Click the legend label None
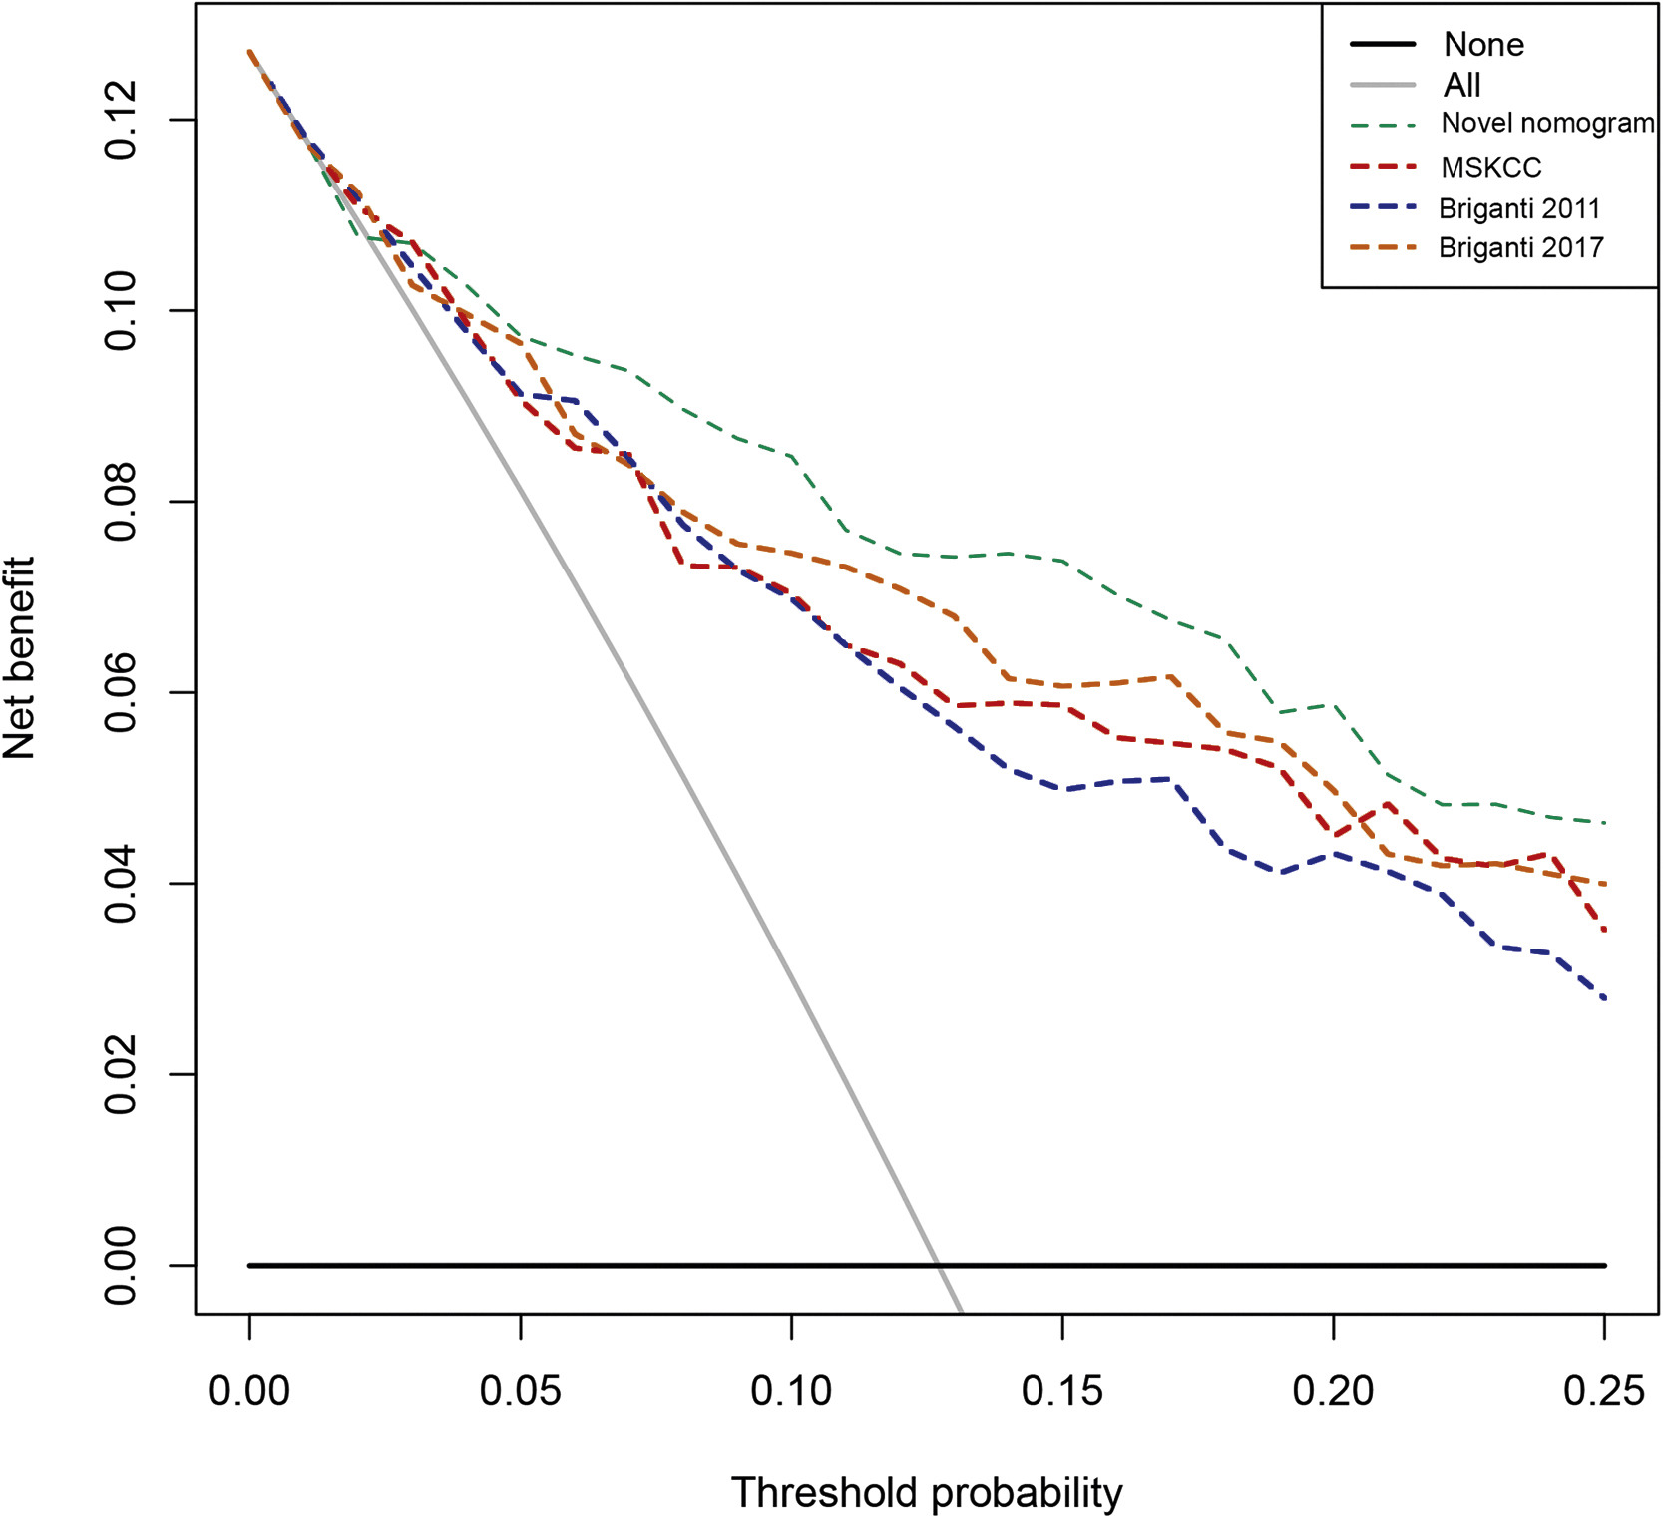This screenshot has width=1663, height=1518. (1483, 45)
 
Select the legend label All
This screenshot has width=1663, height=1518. (1461, 86)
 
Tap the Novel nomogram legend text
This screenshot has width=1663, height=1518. (1546, 124)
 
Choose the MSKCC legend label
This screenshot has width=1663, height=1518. (1490, 168)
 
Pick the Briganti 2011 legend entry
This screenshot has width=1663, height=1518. (1519, 209)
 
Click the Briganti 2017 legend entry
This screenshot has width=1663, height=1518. (1520, 248)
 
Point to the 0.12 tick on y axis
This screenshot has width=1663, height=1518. (121, 120)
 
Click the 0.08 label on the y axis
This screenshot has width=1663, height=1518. (121, 502)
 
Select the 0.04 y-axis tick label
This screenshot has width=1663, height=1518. (121, 884)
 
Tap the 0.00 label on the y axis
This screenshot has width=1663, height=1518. (121, 1266)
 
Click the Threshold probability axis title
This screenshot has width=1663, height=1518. (927, 1493)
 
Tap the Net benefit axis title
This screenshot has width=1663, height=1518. (20, 658)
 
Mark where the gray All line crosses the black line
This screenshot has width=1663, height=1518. (939, 1265)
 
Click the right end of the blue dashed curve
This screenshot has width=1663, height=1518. (1604, 998)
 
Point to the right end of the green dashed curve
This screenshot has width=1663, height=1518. (1604, 823)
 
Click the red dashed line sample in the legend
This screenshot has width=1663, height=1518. (1383, 167)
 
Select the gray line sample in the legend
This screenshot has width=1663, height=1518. (1383, 86)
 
